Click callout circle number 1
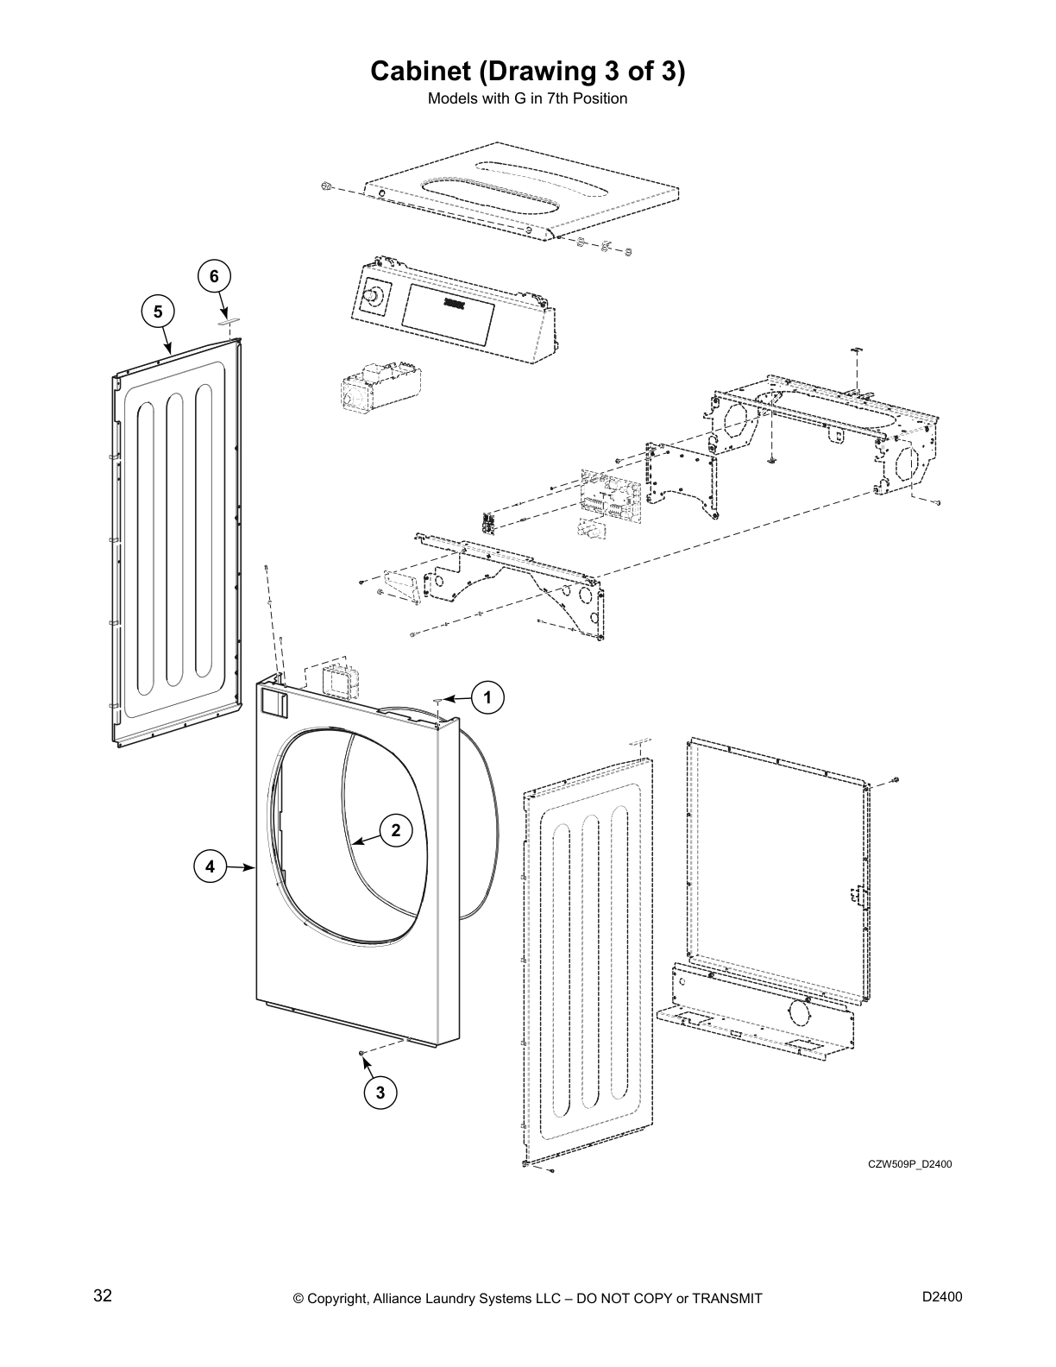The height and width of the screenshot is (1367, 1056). [487, 697]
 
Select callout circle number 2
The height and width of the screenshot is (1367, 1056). [396, 831]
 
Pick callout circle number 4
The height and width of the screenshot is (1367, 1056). [210, 866]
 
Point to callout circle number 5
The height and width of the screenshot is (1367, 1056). [158, 311]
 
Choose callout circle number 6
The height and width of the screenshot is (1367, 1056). [215, 276]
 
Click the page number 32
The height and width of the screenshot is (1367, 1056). [103, 1295]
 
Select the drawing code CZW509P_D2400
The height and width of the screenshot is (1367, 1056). [910, 1164]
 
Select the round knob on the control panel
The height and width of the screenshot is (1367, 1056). [374, 296]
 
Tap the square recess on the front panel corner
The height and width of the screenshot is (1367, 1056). [273, 702]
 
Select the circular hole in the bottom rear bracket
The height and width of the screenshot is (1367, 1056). [798, 1011]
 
